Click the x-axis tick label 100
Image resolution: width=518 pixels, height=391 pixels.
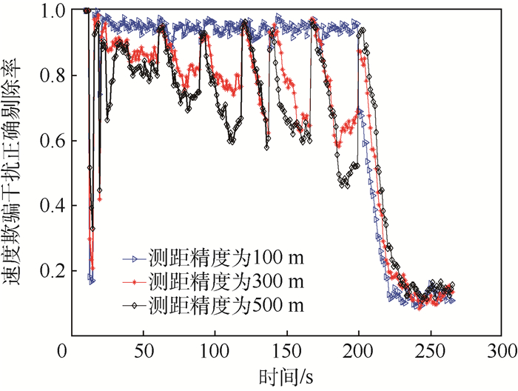coord(215,350)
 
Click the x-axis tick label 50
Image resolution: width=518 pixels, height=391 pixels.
coord(143,350)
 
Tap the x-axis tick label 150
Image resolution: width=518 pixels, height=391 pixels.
coord(287,350)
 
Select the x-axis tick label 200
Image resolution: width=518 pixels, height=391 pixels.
coord(359,350)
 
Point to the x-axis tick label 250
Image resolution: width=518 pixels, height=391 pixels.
coord(431,350)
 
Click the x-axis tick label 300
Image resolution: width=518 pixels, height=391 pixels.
coord(502,350)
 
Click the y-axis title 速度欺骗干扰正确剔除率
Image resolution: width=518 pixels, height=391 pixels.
coord(16,170)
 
